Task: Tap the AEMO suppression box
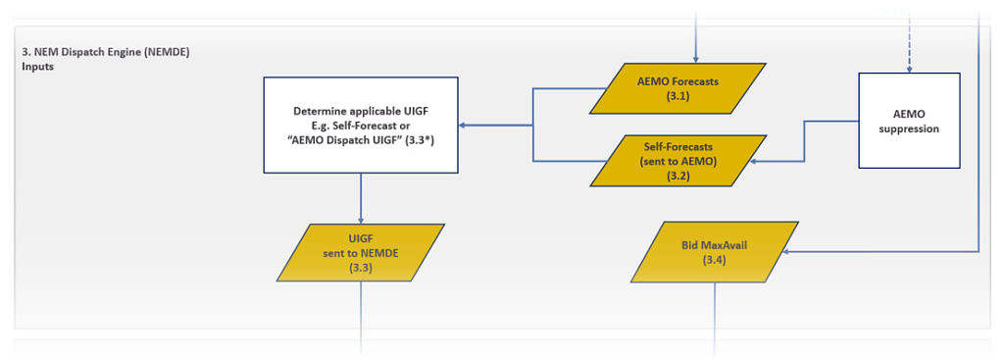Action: point(909,122)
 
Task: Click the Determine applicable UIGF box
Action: point(361,125)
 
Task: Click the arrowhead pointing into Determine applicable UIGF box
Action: point(466,125)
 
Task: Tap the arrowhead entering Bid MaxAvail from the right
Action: point(790,250)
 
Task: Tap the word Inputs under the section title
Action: point(37,68)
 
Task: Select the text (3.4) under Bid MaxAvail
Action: point(713,260)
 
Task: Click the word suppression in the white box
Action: point(909,129)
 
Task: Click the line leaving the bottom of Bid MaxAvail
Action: point(714,314)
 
